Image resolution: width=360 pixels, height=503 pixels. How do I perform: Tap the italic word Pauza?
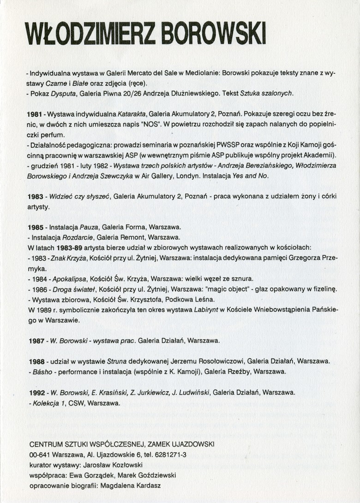[89, 228]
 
